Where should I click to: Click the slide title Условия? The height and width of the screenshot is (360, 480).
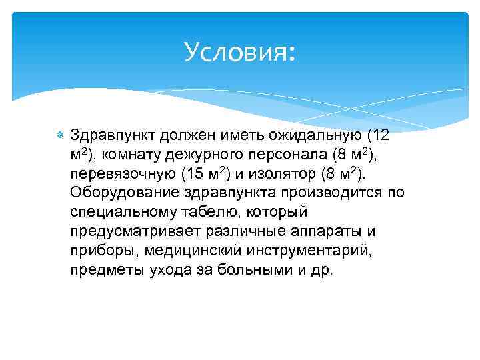pyautogui.click(x=239, y=51)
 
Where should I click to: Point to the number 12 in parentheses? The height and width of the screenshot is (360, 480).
pyautogui.click(x=380, y=135)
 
